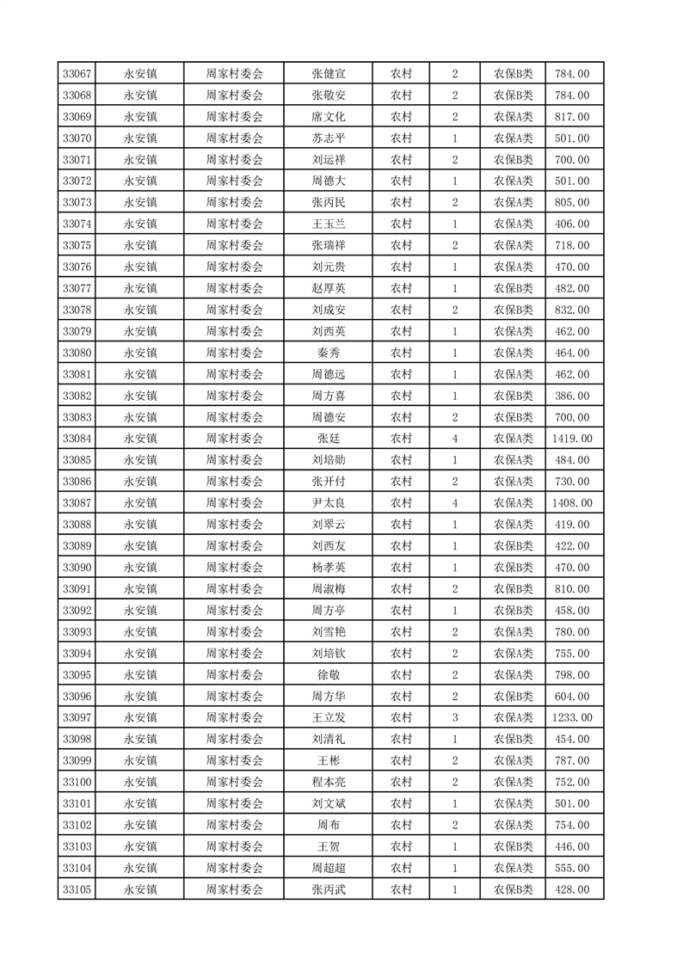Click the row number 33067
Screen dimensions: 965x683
(x=77, y=74)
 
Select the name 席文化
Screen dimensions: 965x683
(x=329, y=117)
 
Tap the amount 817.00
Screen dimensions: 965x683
(x=573, y=117)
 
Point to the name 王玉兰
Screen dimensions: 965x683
(x=329, y=224)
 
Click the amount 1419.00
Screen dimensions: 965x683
(x=573, y=439)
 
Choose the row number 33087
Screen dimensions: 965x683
(x=77, y=503)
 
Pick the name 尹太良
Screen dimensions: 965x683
(x=329, y=503)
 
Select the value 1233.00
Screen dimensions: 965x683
(x=573, y=717)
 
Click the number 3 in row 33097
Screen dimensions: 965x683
(x=454, y=717)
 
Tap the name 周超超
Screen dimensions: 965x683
(x=329, y=868)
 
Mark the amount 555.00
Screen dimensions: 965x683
(x=573, y=868)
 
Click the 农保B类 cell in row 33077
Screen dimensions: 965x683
(x=514, y=288)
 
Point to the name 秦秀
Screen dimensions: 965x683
(x=329, y=353)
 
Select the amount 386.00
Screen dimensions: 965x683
(x=573, y=396)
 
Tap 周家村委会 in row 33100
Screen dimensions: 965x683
(x=234, y=782)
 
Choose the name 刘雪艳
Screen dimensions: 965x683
(x=329, y=632)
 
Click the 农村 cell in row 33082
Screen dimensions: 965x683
(x=401, y=396)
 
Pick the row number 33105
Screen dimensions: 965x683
(x=77, y=889)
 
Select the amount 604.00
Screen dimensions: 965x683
(x=573, y=697)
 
